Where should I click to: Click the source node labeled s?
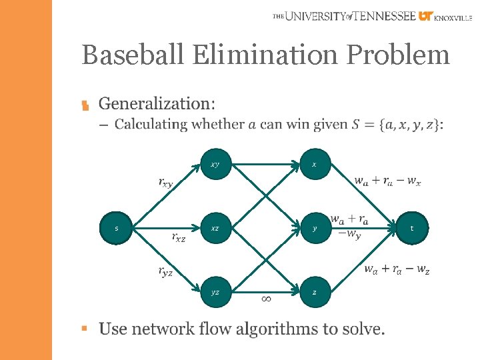117,228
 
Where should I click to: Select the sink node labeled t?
411,228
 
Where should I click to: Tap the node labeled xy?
215,164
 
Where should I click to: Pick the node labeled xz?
215,228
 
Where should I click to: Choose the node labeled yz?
215,292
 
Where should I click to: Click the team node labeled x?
314,164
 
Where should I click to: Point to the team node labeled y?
314,228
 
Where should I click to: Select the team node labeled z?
314,292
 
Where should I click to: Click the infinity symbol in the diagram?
265,299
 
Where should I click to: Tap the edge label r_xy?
166,182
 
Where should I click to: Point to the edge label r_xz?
178,237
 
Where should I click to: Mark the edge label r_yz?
165,271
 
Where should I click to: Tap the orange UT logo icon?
426,16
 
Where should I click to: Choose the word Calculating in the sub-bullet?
151,124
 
